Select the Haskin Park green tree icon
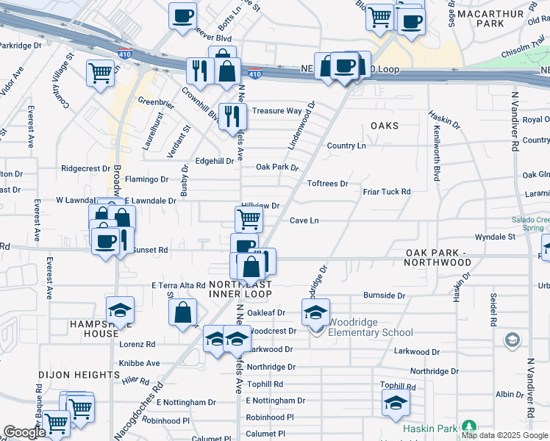(x=468, y=427)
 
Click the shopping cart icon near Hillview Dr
(x=249, y=218)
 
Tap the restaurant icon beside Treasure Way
(x=232, y=115)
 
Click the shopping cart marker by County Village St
(x=100, y=72)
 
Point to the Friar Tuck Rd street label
(x=386, y=192)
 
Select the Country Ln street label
(x=346, y=146)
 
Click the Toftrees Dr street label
(x=327, y=183)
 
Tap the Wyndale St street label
(x=495, y=237)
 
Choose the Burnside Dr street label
(x=384, y=295)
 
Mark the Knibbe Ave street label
(x=140, y=363)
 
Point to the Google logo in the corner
(x=24, y=432)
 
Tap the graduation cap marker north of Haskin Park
(x=395, y=402)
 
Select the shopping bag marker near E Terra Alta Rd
(x=182, y=312)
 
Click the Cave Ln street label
(x=304, y=220)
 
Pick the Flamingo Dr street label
(x=146, y=179)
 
